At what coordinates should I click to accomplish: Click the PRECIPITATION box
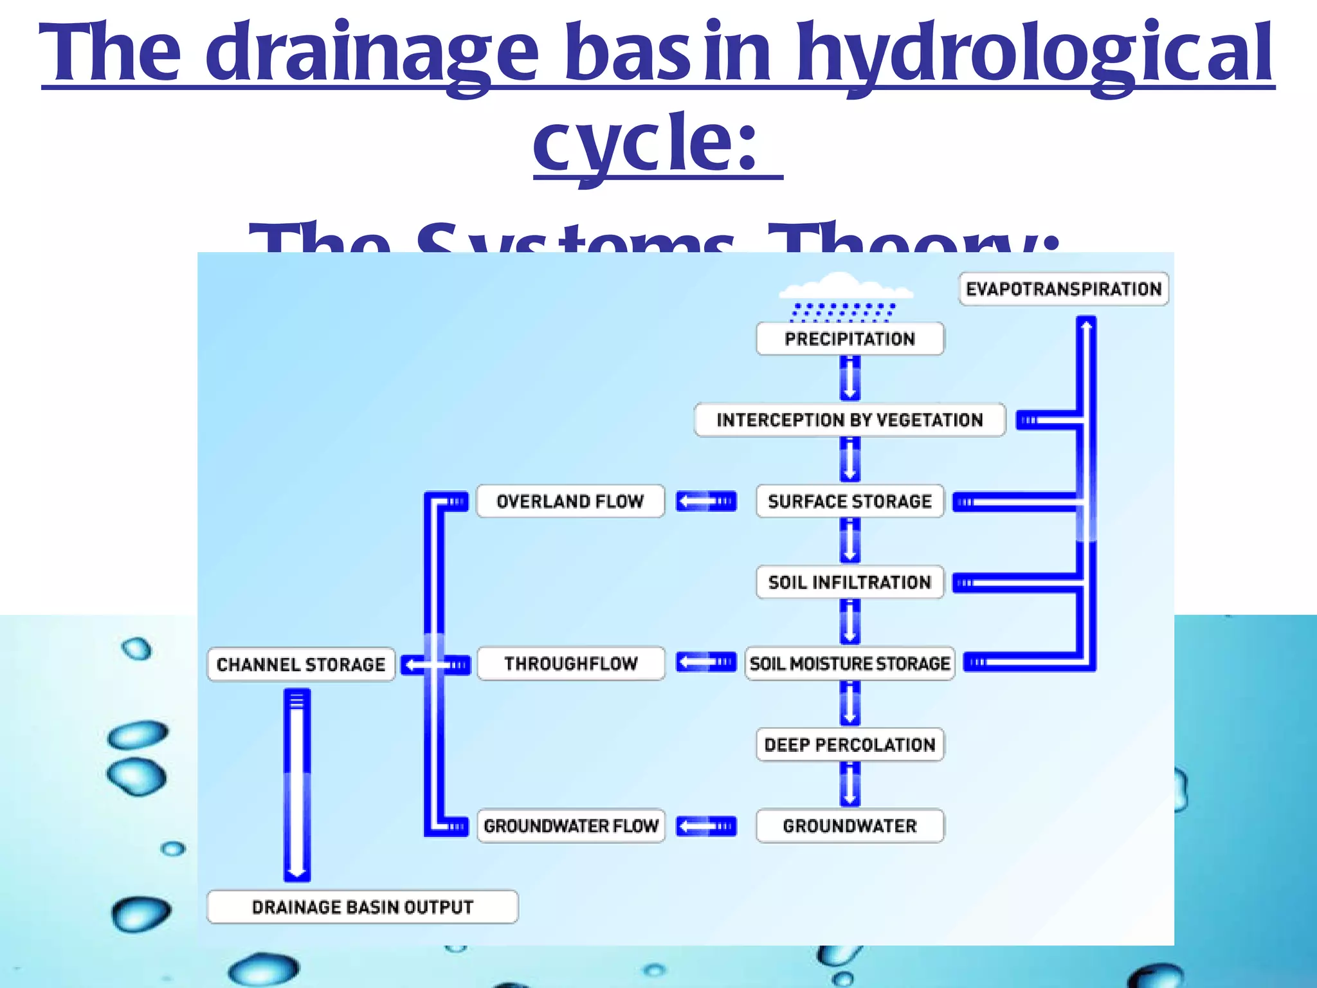click(849, 339)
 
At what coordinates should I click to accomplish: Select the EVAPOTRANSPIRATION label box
click(1064, 289)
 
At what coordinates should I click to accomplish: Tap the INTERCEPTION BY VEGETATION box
click(849, 420)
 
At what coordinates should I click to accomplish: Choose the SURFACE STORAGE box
click(849, 501)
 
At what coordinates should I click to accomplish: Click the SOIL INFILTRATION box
click(849, 582)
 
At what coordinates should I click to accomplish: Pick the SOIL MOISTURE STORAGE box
click(849, 663)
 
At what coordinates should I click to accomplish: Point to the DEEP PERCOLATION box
click(849, 745)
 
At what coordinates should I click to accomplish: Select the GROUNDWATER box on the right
click(849, 826)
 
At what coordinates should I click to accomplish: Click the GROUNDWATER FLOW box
click(571, 826)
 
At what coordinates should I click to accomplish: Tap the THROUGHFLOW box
click(571, 663)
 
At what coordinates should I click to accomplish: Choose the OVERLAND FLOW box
click(570, 501)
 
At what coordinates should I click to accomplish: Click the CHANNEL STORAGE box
click(301, 664)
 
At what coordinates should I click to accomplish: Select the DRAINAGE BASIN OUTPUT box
click(363, 907)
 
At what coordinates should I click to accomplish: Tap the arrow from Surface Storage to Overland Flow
click(705, 501)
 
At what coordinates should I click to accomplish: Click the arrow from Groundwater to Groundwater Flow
click(705, 826)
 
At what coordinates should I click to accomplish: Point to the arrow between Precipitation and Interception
click(849, 379)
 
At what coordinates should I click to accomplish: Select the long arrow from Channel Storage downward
click(297, 785)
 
